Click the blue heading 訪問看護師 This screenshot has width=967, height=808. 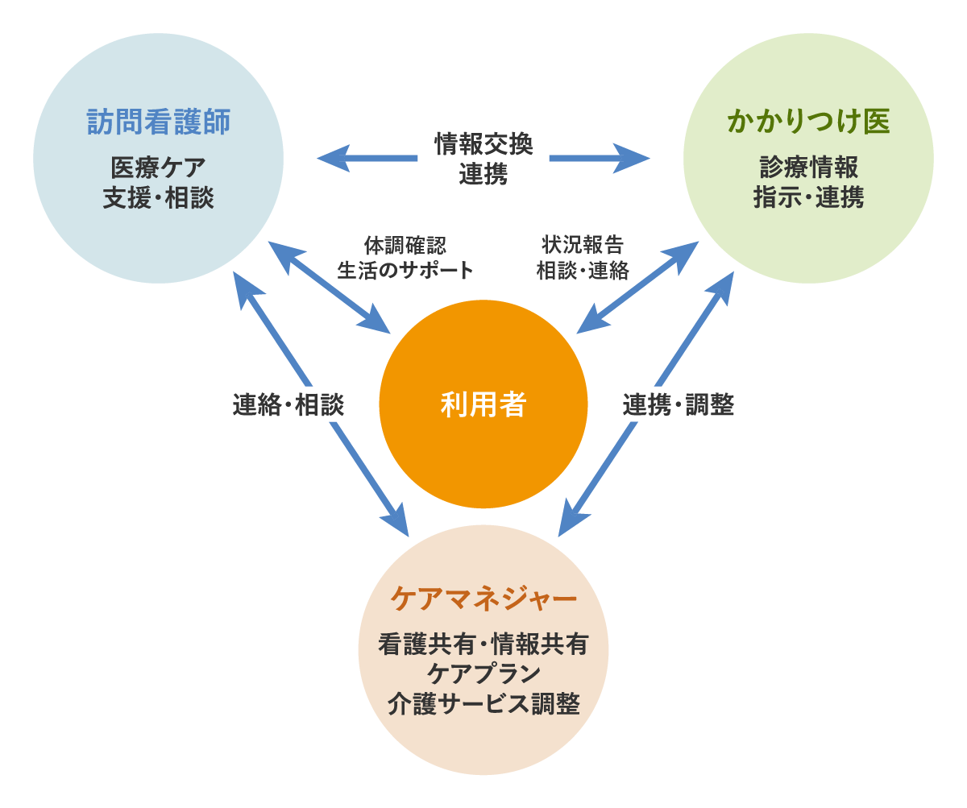click(x=159, y=122)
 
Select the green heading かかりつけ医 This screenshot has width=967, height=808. click(x=808, y=122)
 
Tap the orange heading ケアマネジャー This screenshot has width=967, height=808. click(x=483, y=599)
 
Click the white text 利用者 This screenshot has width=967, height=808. click(x=483, y=404)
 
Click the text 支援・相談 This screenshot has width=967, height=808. click(x=159, y=198)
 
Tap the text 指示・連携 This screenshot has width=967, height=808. click(x=808, y=198)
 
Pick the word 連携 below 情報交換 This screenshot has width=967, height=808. click(x=483, y=174)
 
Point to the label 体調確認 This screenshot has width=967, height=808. click(x=405, y=245)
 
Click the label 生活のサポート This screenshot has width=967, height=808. click(x=405, y=271)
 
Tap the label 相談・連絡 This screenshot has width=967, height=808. click(x=583, y=271)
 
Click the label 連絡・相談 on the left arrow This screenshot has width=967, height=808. click(x=288, y=405)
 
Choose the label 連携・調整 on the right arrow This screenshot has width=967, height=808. click(x=678, y=405)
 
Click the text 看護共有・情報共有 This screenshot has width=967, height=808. click(x=483, y=645)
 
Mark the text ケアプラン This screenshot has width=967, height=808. click(x=483, y=674)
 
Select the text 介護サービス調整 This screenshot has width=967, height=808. click(x=483, y=704)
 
